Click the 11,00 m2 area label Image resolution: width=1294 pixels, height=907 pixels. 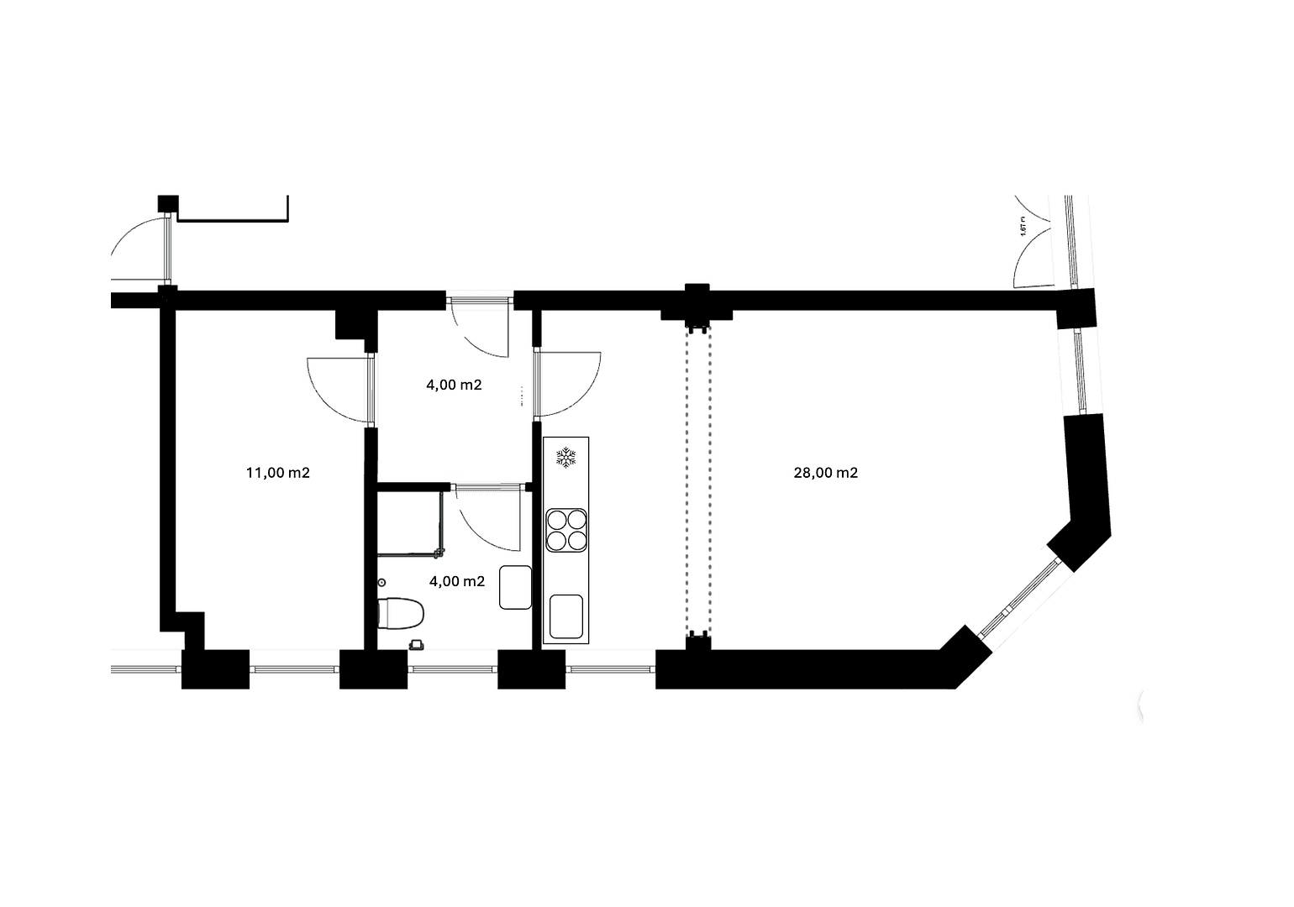click(277, 473)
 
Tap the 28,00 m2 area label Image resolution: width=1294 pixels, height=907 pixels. click(825, 473)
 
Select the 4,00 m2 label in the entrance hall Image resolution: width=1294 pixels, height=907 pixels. click(454, 385)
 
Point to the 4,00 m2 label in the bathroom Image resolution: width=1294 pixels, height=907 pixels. click(456, 581)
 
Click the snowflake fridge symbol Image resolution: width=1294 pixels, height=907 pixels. click(566, 458)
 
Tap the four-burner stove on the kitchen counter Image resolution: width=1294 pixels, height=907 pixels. click(566, 530)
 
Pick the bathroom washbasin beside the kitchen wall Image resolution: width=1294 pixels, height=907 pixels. click(515, 587)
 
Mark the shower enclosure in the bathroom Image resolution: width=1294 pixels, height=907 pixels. click(409, 522)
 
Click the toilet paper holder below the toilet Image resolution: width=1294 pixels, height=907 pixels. click(415, 644)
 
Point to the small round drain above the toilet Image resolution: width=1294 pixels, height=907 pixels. click(381, 582)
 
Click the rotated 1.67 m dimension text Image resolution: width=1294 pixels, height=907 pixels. click(1023, 228)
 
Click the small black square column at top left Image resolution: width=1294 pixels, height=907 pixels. click(168, 204)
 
